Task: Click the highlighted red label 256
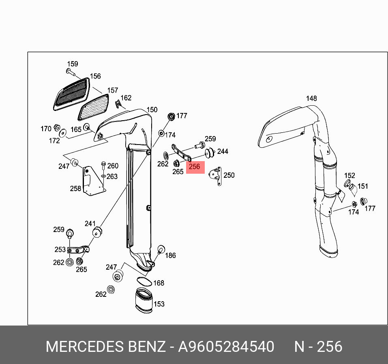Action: (195, 167)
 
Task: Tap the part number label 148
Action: (311, 98)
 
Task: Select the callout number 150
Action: (152, 110)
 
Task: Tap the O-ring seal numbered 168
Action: (142, 282)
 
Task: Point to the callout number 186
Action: (170, 255)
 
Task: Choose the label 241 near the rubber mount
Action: (90, 224)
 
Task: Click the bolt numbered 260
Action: (103, 166)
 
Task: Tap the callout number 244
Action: (223, 151)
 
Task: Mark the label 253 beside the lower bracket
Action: (60, 250)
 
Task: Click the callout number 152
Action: (349, 176)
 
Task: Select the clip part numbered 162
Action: (117, 104)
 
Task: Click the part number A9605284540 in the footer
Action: (226, 347)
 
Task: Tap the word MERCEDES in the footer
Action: (84, 347)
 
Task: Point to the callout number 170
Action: (46, 129)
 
